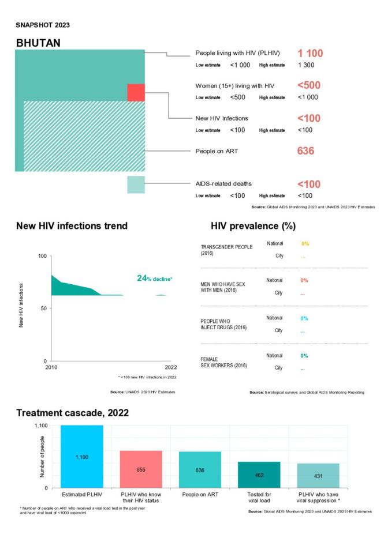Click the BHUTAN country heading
pyautogui.click(x=38, y=43)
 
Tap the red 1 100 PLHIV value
pyautogui.click(x=310, y=54)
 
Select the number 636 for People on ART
pyautogui.click(x=305, y=152)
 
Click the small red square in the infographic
pyautogui.click(x=136, y=92)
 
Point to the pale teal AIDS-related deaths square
pyautogui.click(x=136, y=185)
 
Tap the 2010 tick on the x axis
pyautogui.click(x=51, y=367)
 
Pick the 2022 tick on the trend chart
pyautogui.click(x=170, y=367)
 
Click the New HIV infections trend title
pyautogui.click(x=72, y=225)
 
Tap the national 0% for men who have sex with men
pyautogui.click(x=304, y=280)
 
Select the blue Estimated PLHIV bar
pyautogui.click(x=81, y=456)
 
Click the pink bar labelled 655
pyautogui.click(x=140, y=469)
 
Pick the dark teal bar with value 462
pyautogui.click(x=259, y=475)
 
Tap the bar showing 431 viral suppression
pyautogui.click(x=318, y=475)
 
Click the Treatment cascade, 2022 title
pyautogui.click(x=72, y=413)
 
